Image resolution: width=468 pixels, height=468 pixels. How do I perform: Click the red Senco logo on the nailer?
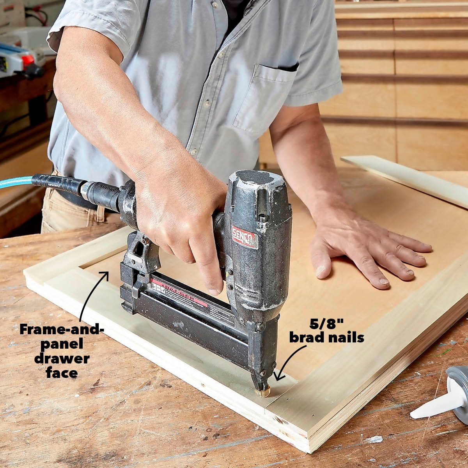pyautogui.click(x=245, y=236)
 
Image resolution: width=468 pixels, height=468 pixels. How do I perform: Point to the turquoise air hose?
pyautogui.click(x=16, y=182)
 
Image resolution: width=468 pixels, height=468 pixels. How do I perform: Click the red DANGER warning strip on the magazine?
pyautogui.click(x=179, y=292)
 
